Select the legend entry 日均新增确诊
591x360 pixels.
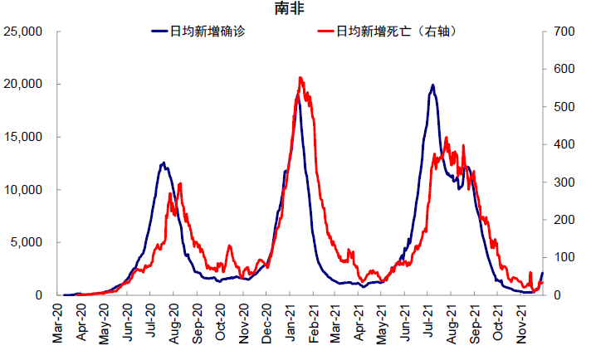click(x=207, y=32)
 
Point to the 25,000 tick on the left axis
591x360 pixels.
click(x=29, y=32)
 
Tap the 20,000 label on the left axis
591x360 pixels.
click(x=29, y=85)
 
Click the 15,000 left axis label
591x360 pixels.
click(x=29, y=137)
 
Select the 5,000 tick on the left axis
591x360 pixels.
click(x=32, y=242)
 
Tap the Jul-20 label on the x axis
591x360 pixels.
click(x=151, y=324)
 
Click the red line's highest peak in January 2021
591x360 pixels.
click(x=300, y=78)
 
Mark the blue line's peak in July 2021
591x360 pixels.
click(x=432, y=85)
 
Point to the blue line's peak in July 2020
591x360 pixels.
click(x=164, y=163)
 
